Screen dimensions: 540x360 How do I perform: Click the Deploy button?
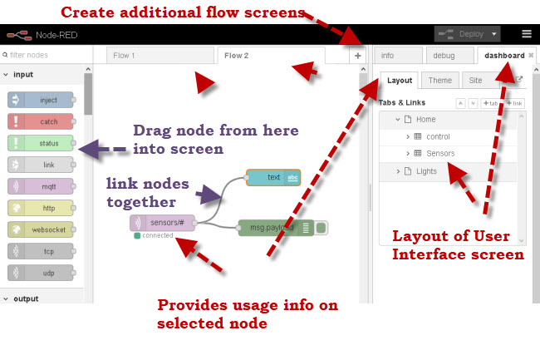[467, 34]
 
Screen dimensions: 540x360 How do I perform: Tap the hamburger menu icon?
[527, 34]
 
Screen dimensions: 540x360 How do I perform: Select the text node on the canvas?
[273, 177]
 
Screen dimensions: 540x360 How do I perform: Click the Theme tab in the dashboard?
[439, 81]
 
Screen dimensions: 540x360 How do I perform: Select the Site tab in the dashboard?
[475, 81]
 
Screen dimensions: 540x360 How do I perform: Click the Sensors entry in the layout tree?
[440, 153]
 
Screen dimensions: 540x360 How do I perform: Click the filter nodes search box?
[46, 56]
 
